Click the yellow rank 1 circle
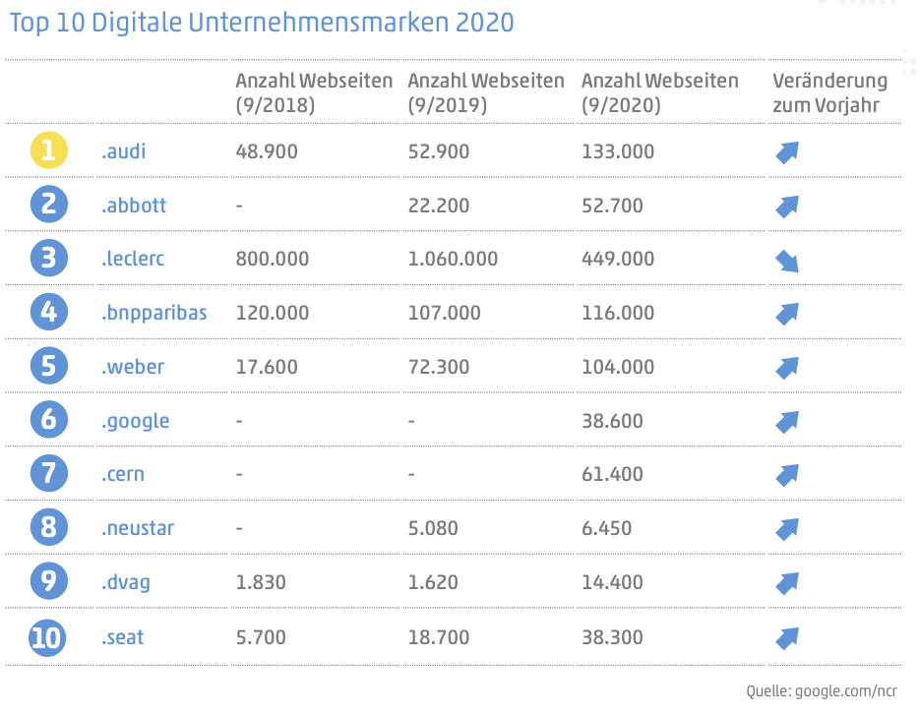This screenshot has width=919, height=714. pos(48,151)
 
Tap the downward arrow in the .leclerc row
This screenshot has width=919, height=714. pos(786,260)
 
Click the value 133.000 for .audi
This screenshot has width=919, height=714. pos(619,151)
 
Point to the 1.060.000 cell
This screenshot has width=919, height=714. pos(453,260)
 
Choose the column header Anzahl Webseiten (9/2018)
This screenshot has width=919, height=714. pos(314,92)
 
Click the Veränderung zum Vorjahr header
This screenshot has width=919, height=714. pos(829,92)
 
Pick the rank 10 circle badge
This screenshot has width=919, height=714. pos(48,637)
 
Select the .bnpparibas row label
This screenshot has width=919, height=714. pos(153,313)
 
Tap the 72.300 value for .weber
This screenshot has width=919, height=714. pos(439,367)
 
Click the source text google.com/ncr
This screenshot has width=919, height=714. pos(844,691)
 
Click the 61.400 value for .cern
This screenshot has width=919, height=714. pos(612,474)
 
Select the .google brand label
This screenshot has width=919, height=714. pos(135,421)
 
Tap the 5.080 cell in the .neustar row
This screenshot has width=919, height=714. pos(433,528)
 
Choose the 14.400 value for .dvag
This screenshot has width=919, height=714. pos(612,582)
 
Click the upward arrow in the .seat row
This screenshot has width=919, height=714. pos(786,637)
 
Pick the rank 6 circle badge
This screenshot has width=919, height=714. pos(48,421)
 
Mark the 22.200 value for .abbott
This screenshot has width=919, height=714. pos(439,206)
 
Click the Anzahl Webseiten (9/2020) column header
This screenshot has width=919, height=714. pos(660,92)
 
